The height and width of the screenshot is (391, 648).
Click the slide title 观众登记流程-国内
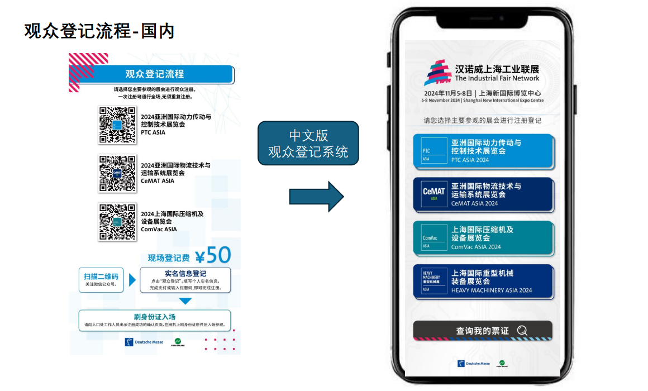[99, 31]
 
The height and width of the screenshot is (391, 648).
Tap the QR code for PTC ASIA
[117, 125]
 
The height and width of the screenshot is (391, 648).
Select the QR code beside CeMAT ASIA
[117, 173]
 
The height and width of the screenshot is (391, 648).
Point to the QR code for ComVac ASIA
[117, 222]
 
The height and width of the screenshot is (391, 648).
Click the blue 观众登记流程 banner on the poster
[155, 74]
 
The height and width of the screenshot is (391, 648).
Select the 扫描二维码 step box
[101, 280]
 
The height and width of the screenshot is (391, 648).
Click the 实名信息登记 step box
[185, 280]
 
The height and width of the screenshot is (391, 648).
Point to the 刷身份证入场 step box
[154, 321]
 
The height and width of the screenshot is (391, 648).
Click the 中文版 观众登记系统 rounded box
[308, 144]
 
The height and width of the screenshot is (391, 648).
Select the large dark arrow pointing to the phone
[316, 196]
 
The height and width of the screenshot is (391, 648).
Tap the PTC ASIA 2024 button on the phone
[483, 151]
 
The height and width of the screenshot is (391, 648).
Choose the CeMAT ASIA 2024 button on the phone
[483, 195]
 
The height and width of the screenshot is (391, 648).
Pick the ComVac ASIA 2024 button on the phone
[483, 239]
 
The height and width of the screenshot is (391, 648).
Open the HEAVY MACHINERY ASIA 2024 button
[483, 282]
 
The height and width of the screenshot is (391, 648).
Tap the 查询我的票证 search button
[483, 331]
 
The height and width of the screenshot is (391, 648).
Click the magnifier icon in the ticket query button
[522, 331]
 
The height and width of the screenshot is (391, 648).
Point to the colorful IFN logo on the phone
[437, 73]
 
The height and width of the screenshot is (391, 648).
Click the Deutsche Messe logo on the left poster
[144, 342]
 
